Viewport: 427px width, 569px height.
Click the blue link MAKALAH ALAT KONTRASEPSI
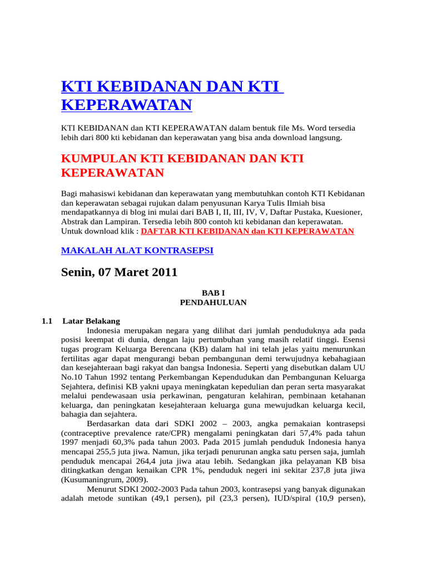coord(137,251)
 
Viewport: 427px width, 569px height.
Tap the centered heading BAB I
coord(213,292)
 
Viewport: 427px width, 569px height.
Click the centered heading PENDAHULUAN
coord(213,302)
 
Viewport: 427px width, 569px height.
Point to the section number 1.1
coord(47,321)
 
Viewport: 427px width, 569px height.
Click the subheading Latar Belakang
coord(91,321)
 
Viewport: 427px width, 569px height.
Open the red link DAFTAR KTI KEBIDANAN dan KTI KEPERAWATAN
coord(247,231)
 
